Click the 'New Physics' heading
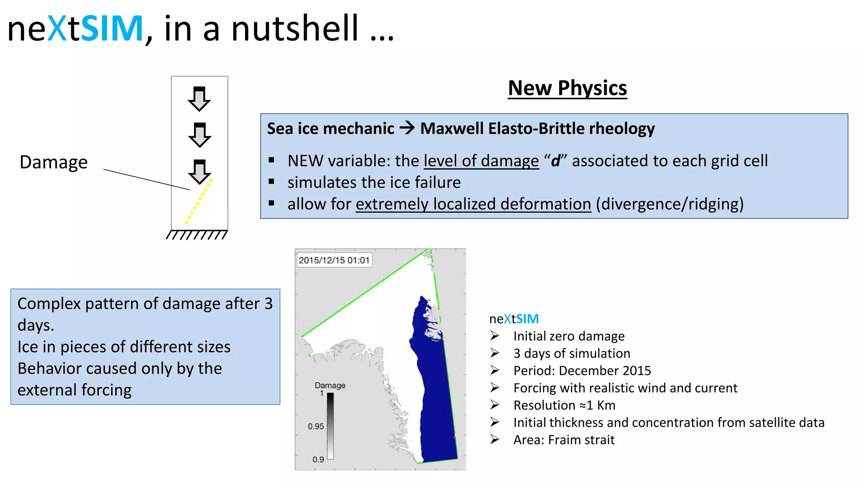click(567, 89)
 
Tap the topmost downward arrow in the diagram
click(199, 99)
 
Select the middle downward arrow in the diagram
click(199, 135)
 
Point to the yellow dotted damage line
click(199, 201)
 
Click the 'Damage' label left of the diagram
click(54, 162)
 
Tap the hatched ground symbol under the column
click(197, 235)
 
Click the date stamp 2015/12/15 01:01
click(334, 260)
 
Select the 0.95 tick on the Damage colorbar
click(316, 427)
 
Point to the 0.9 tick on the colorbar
click(318, 459)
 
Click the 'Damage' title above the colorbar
click(330, 385)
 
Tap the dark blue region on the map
click(435, 401)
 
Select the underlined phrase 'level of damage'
click(481, 161)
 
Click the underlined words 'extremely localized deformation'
click(473, 205)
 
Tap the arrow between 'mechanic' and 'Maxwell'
click(407, 128)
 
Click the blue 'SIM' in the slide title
click(112, 29)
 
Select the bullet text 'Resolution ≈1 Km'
click(564, 405)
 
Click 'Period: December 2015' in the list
click(582, 371)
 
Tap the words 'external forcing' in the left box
click(75, 390)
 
